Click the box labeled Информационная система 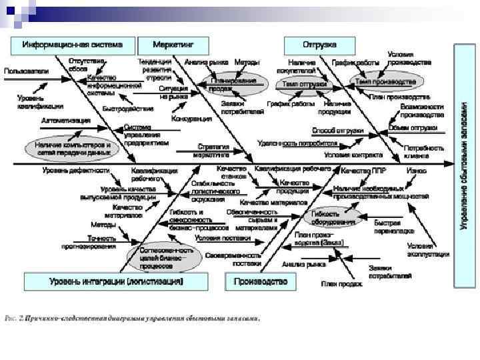pos(73,45)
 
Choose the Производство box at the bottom pos(261,282)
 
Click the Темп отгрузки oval pos(305,85)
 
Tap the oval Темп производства pos(385,82)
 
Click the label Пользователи pos(27,71)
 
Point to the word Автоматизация pos(66,121)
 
